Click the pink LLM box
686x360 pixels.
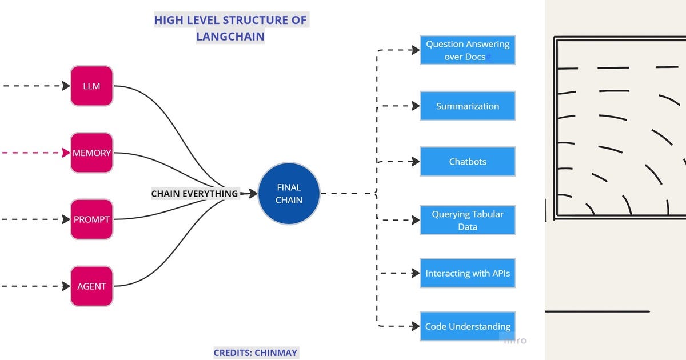(91, 86)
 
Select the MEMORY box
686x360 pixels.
(91, 153)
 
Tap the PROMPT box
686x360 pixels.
(91, 219)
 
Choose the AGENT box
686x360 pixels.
(91, 286)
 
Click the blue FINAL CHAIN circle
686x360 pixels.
(289, 193)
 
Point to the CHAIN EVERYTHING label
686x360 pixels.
(194, 194)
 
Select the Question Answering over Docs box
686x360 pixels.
(467, 50)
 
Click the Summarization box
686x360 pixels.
(467, 106)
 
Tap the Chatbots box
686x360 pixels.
(467, 161)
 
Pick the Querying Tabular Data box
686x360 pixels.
(467, 220)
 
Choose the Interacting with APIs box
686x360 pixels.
(467, 273)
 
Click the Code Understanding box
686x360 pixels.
(467, 326)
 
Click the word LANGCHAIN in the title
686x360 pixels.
(230, 36)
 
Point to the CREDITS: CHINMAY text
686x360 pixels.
(256, 353)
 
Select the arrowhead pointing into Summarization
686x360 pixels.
(415, 106)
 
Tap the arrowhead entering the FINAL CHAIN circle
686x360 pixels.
(253, 194)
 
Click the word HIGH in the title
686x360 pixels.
(167, 20)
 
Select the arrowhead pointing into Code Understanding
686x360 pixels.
(415, 326)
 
